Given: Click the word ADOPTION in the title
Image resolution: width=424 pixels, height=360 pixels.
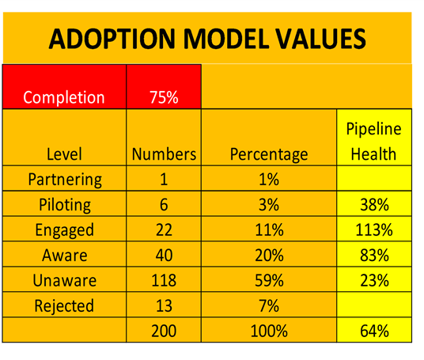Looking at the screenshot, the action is coord(112,39).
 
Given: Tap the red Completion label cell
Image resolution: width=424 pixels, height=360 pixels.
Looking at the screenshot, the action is coord(64,87).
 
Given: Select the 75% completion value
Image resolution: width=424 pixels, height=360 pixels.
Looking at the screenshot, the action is coord(164,97).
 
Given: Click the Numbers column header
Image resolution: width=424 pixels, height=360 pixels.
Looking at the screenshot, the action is coord(164,154).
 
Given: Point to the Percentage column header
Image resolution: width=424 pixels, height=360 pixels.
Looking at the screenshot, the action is coord(269,155).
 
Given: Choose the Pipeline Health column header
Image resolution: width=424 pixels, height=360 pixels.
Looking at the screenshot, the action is coord(374,141).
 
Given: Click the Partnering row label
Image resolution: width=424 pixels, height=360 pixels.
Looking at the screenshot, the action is coord(65,180).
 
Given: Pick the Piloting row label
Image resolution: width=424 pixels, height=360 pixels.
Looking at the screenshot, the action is coord(65,205).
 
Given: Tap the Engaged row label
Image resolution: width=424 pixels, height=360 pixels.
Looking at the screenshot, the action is coord(65,230).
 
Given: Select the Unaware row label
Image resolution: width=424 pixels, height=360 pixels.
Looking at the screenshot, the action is coord(65,280).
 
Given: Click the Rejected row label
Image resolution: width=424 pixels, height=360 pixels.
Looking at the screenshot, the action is coord(64,306).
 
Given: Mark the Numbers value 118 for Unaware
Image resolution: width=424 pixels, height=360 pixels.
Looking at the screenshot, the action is coord(164,280).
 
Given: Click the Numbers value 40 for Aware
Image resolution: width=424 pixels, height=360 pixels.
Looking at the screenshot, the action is coord(164,255).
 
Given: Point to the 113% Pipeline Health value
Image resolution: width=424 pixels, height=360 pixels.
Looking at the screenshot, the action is coord(374,230).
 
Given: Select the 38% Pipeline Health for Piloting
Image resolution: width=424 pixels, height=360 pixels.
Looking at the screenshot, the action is coord(374,204).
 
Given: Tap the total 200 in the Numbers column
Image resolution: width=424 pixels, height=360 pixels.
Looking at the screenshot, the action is coord(164,331).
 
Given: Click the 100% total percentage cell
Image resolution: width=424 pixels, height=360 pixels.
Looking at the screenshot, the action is coord(269,331).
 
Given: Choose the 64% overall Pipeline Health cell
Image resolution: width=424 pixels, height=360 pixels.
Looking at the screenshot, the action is coord(374,331).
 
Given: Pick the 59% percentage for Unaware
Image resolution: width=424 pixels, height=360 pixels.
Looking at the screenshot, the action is coord(269,280).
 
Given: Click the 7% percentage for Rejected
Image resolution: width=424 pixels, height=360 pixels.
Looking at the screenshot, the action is coord(269,305).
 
